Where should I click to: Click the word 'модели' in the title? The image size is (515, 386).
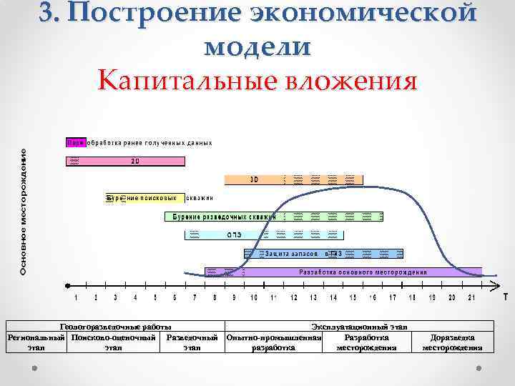click(257, 47)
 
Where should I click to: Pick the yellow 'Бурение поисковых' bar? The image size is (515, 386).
click(142, 198)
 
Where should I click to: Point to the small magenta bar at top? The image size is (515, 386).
click(76, 142)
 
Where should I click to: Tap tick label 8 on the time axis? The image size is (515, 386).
click(215, 297)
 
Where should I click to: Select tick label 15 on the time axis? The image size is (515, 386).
click(353, 297)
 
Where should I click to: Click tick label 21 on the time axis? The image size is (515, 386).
click(471, 297)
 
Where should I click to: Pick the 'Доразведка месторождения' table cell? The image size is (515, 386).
click(452, 342)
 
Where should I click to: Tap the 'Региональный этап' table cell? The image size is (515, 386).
click(36, 342)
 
